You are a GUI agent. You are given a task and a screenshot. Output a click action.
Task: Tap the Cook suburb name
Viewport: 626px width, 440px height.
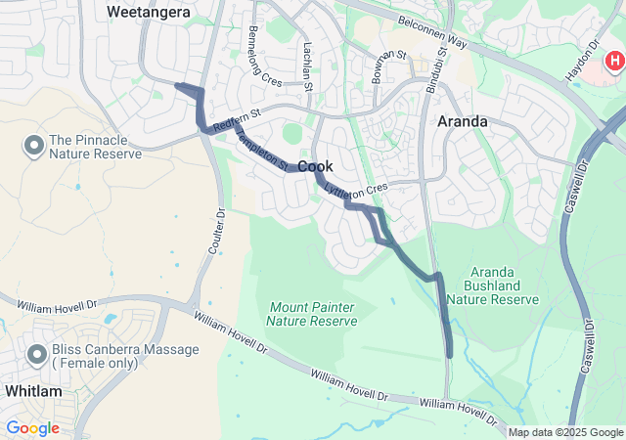316,167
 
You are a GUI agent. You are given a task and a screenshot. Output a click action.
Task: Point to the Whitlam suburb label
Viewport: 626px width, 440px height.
32,391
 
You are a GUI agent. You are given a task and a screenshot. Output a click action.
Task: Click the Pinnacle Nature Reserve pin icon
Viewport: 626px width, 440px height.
33,147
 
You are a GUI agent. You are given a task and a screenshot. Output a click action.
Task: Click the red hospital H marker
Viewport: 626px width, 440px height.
614,61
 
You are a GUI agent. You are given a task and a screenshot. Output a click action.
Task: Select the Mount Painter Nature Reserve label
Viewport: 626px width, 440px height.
311,314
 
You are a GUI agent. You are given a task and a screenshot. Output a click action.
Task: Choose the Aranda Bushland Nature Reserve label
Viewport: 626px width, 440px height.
505,285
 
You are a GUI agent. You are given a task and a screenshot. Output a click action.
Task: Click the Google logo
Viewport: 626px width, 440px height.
32,427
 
